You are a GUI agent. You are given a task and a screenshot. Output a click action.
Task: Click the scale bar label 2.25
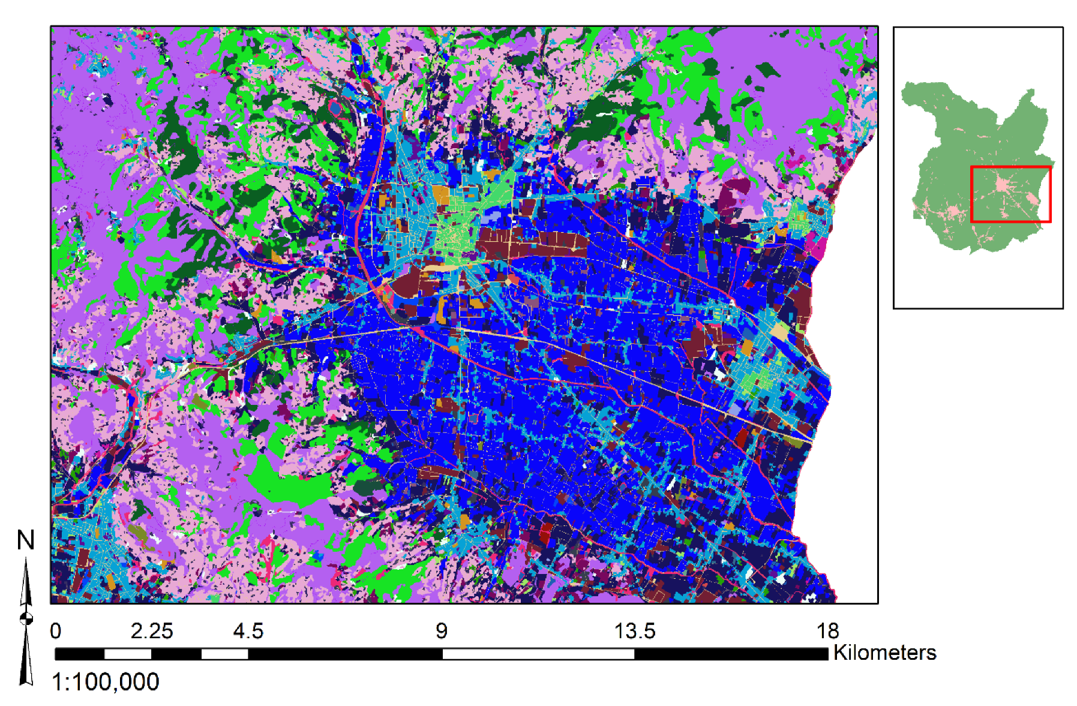(x=151, y=631)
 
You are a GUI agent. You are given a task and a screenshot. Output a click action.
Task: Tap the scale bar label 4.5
(x=248, y=631)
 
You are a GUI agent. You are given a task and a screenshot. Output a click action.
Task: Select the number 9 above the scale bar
(x=442, y=631)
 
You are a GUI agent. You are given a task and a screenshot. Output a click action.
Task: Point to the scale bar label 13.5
(x=634, y=631)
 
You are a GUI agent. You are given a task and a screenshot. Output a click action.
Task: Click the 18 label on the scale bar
(x=827, y=631)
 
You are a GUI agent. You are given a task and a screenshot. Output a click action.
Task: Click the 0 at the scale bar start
(x=56, y=631)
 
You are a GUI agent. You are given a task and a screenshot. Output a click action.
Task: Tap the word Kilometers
(x=884, y=653)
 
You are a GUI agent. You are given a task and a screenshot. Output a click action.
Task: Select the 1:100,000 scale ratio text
(x=106, y=682)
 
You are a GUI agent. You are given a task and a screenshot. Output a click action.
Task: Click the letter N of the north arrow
(x=25, y=540)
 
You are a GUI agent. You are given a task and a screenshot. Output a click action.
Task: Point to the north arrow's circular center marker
(x=26, y=618)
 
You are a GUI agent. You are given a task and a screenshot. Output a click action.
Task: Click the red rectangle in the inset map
(x=1010, y=167)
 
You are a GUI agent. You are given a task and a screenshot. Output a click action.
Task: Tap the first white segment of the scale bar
(x=127, y=654)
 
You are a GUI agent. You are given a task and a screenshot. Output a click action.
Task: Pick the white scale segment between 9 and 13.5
(x=538, y=654)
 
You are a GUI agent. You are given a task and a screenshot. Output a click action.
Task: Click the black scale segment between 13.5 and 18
(x=731, y=654)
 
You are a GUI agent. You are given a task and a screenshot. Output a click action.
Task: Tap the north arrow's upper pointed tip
(x=26, y=561)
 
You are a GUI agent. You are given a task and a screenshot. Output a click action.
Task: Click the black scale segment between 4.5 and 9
(x=345, y=654)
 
